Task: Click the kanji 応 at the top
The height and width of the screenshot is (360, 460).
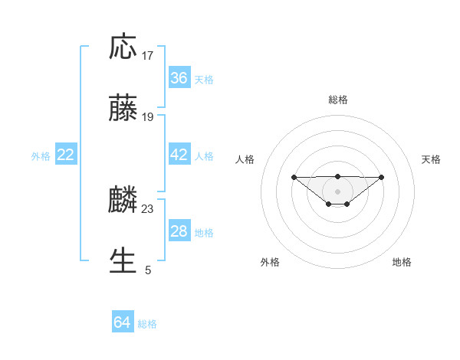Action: (123, 47)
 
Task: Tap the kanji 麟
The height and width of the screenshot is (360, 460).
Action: (123, 200)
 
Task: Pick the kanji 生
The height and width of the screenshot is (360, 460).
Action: (123, 260)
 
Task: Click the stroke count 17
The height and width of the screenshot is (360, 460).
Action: (148, 56)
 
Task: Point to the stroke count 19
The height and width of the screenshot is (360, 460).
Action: (148, 117)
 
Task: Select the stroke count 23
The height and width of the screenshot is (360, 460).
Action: (148, 208)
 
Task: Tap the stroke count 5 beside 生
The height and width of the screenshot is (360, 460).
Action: (148, 270)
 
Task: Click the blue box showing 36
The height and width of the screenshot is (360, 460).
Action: (179, 78)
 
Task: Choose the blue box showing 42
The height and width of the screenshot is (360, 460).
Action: (179, 155)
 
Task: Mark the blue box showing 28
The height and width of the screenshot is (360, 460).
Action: (179, 231)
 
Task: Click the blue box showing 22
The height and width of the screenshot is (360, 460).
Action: (66, 155)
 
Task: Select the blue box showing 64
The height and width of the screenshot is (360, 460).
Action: (122, 322)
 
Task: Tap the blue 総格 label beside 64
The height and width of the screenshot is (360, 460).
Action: (148, 324)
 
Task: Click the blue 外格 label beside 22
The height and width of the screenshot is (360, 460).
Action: (41, 156)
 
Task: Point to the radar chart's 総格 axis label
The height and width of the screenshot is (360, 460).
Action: (337, 100)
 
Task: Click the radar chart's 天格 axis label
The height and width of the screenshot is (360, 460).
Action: (431, 159)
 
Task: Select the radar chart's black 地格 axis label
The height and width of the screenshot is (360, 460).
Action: (402, 262)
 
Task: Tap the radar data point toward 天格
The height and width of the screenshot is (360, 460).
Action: (382, 177)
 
